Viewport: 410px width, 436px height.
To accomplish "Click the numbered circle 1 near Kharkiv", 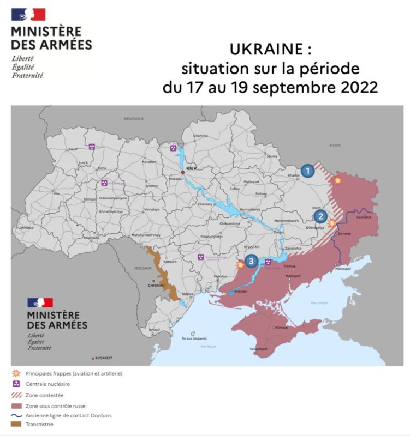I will pos(308,171).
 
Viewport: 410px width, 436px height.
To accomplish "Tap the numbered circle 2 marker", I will pos(320,216).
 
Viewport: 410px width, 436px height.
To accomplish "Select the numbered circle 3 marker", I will pos(251,261).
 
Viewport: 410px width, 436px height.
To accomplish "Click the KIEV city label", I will pos(191,168).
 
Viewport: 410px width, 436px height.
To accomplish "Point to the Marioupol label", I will pos(343,269).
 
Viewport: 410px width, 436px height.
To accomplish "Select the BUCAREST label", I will pos(103,358).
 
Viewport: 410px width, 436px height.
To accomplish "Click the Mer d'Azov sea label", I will pos(318,302).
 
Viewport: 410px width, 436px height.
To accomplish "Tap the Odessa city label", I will pos(188,294).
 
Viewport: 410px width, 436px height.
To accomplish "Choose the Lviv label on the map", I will pos(56,193).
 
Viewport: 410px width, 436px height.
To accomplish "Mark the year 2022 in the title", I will pos(356,87).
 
